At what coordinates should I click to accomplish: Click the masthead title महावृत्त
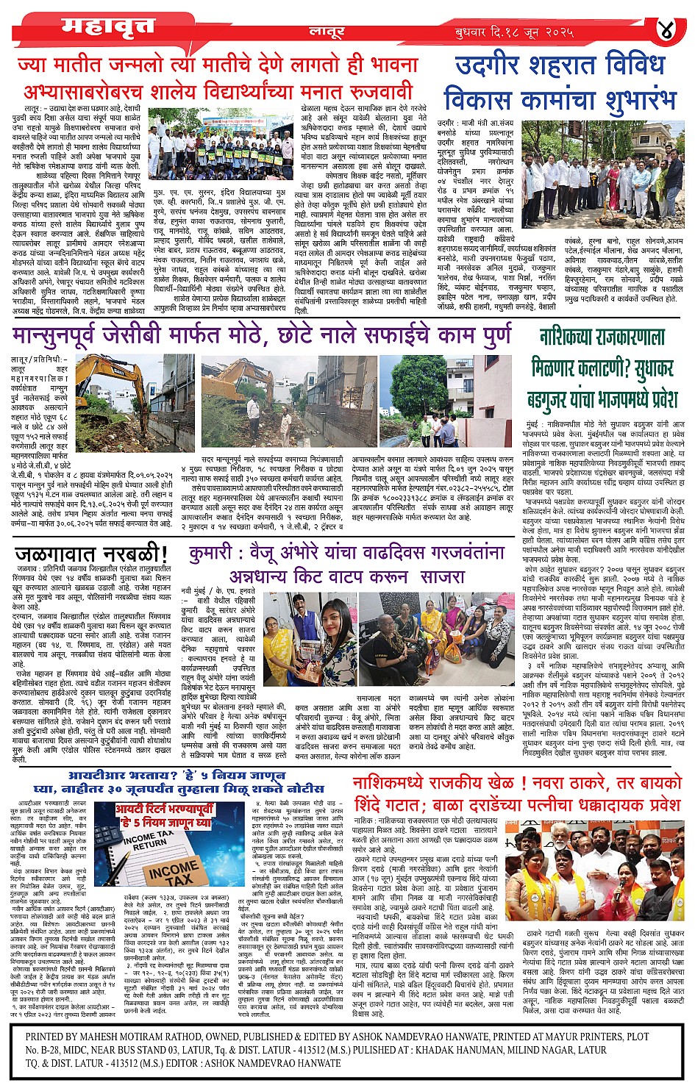click(x=108, y=26)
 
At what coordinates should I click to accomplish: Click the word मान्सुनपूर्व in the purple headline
click(x=70, y=335)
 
